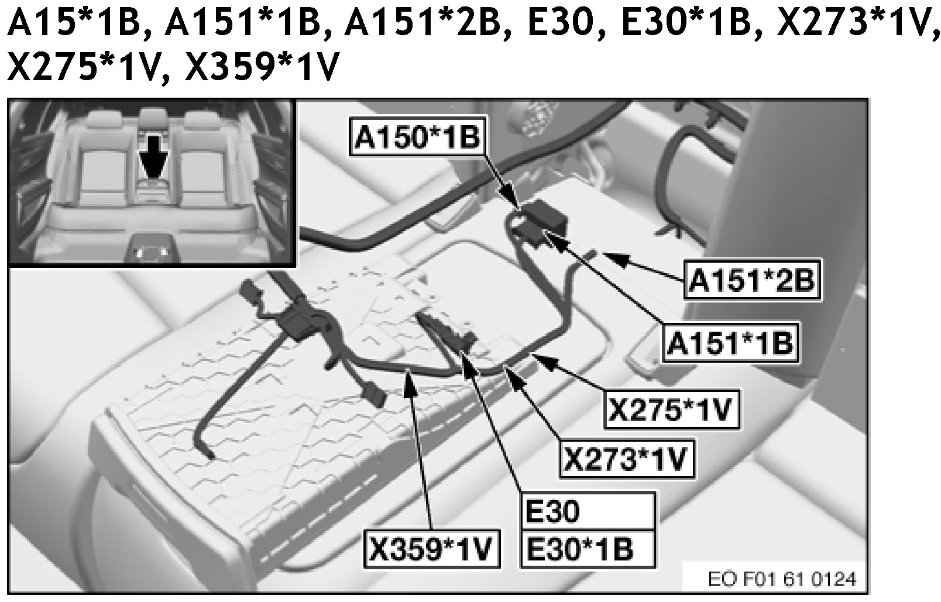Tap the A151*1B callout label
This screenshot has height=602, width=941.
pyautogui.click(x=730, y=342)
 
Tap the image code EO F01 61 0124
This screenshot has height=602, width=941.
pyautogui.click(x=782, y=580)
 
